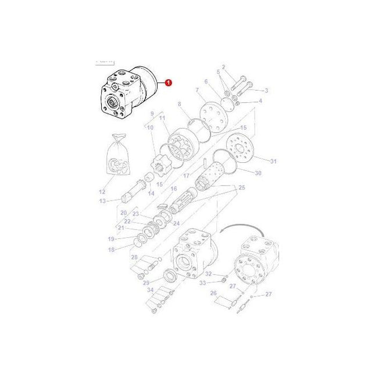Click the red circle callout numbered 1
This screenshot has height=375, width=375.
pos(169,83)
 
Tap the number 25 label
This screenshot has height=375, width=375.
pos(242,188)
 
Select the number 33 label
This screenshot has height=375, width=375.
pos(203,283)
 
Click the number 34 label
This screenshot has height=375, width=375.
pos(149,289)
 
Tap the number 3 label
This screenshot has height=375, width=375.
pos(266,91)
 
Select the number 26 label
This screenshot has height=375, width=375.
pos(213,293)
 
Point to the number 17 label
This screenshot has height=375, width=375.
pos(186,176)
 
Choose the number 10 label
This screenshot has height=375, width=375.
pos(150,127)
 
